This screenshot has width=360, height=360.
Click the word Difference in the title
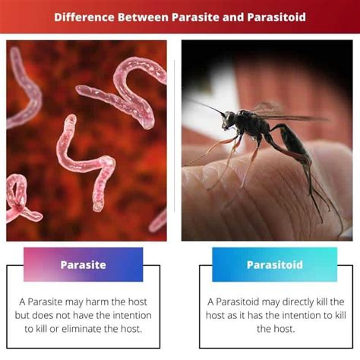point(86,16)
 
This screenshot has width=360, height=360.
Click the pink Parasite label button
point(83,264)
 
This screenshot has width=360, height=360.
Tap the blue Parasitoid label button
point(274,264)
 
